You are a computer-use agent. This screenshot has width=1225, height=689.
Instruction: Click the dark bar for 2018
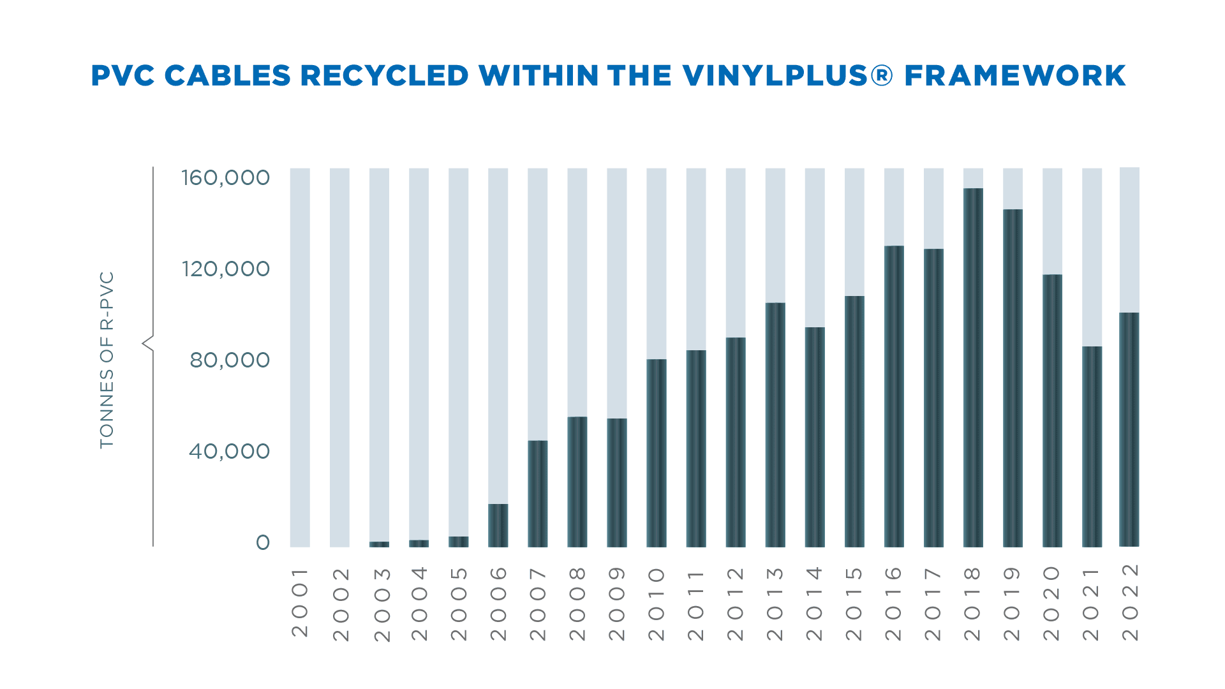coord(973,367)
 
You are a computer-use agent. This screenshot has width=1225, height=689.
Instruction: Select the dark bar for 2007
coord(538,493)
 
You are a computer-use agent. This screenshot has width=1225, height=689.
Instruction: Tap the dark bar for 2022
coord(1129,429)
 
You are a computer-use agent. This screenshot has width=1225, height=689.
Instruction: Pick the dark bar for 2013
coord(775,424)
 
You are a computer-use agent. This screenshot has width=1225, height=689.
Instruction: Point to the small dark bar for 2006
coord(498,525)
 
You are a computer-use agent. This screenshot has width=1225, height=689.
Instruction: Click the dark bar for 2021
coord(1092,447)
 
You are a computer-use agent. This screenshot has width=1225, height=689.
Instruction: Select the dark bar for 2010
coord(657,453)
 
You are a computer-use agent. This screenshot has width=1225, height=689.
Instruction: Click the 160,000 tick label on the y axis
coord(226,177)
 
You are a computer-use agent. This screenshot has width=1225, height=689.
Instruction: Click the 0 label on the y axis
coord(263,543)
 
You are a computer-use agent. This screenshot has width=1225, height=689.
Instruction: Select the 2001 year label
coord(300,603)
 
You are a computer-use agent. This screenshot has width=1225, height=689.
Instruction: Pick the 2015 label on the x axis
coord(854,604)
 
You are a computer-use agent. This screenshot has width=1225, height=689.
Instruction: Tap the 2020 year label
coord(1051,604)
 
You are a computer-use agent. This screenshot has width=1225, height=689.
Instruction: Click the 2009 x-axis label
coord(617,604)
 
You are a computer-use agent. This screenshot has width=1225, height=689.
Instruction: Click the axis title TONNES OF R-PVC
coord(107,360)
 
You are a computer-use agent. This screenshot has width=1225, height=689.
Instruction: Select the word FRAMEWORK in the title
coord(1014,76)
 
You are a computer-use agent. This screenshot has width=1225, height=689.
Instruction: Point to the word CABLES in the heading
coord(228,76)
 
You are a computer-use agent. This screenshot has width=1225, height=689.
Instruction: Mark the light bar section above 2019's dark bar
coord(1013,189)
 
